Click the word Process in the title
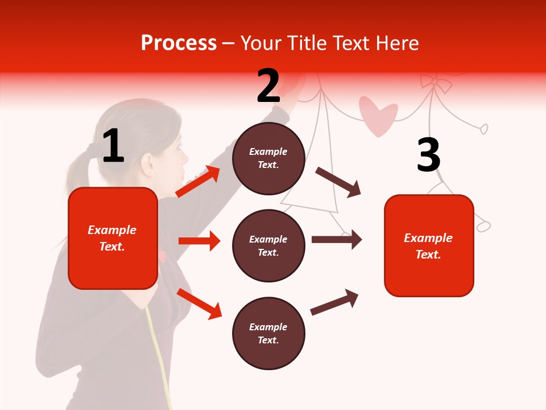click(179, 43)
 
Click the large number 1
click(113, 146)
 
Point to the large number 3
click(428, 155)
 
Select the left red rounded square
click(113, 238)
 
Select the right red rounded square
click(429, 245)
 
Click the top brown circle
click(268, 158)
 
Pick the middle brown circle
click(268, 245)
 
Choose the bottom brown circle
click(268, 333)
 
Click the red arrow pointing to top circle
click(197, 182)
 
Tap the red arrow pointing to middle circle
click(198, 241)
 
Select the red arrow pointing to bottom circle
click(199, 303)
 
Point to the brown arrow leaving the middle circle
click(337, 240)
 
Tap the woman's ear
click(150, 164)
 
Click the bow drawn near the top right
click(436, 83)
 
